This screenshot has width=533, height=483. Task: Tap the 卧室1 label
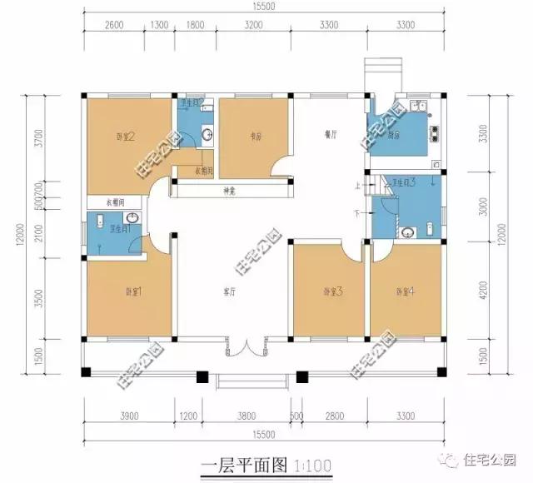pos(134,291)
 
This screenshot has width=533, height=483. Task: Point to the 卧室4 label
pos(405,291)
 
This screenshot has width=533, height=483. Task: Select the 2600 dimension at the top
pos(115,25)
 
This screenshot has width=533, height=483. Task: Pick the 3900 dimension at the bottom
pos(129,413)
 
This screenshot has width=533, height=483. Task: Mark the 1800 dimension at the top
pos(195,25)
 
